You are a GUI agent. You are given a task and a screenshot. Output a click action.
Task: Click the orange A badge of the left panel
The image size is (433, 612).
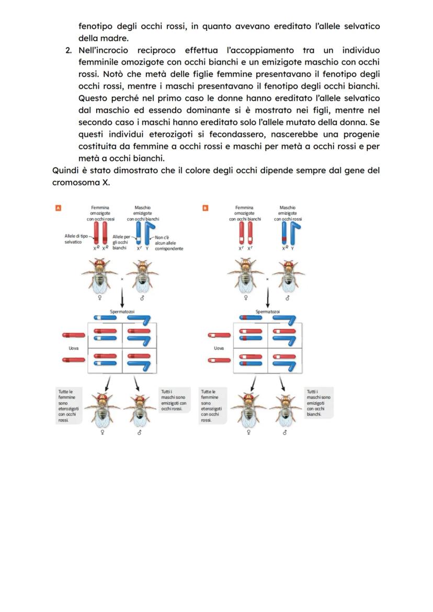pyautogui.click(x=59, y=208)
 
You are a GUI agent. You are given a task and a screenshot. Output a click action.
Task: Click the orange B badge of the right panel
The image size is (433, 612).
pyautogui.click(x=206, y=208)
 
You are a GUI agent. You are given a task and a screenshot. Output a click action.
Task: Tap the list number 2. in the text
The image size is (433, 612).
pyautogui.click(x=69, y=50)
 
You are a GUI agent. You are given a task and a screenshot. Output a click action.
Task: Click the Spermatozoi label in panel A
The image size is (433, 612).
pyautogui.click(x=122, y=311)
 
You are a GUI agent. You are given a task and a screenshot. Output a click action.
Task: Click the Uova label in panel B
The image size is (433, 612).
pyautogui.click(x=219, y=348)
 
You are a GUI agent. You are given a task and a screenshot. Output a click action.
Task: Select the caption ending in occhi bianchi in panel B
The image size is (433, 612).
pyautogui.click(x=318, y=403)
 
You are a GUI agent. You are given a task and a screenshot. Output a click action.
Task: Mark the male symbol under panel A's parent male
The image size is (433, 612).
pyautogui.click(x=142, y=298)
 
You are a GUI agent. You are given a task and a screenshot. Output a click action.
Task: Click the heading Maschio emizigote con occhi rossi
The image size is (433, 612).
pyautogui.click(x=288, y=213)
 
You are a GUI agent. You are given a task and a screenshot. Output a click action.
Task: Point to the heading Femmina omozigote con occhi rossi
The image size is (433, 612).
pyautogui.click(x=100, y=213)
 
